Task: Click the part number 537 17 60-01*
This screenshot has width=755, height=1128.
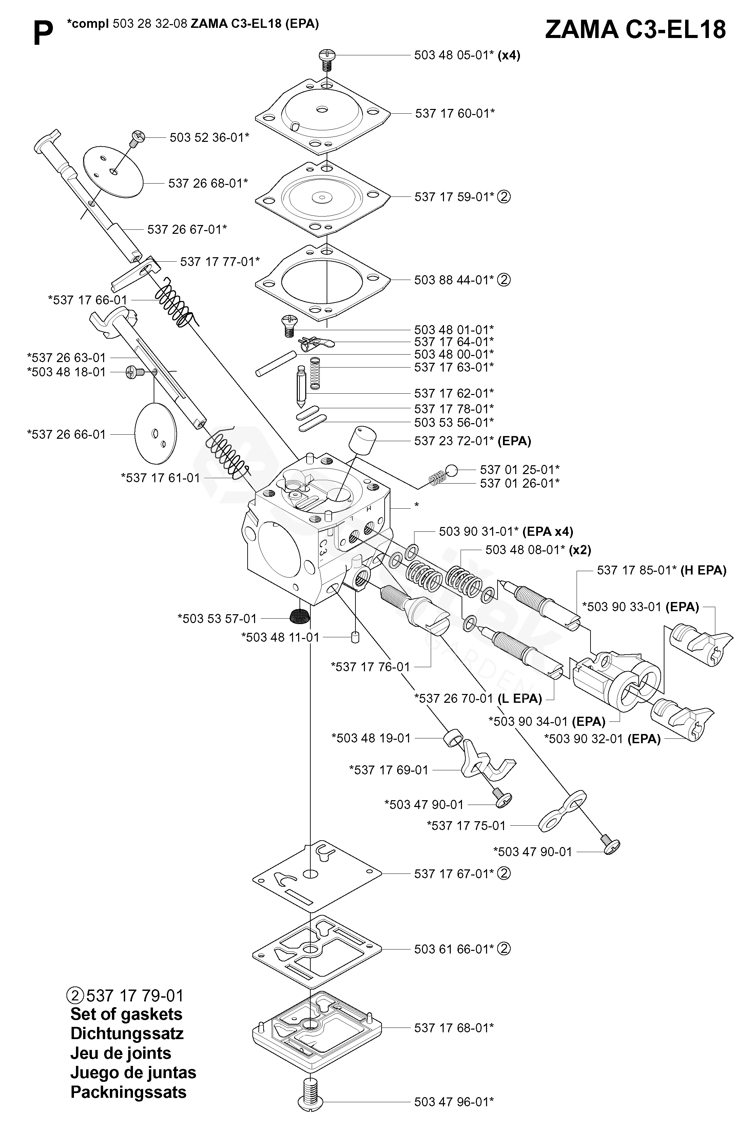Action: coord(454,114)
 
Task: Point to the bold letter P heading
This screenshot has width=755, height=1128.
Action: coord(43,35)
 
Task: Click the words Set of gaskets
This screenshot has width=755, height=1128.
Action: coord(126,1014)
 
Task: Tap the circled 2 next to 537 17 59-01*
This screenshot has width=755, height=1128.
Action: coord(504,196)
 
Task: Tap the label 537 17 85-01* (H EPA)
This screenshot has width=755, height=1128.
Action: coord(661,570)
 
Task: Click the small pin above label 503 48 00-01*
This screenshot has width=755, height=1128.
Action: coord(275,364)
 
